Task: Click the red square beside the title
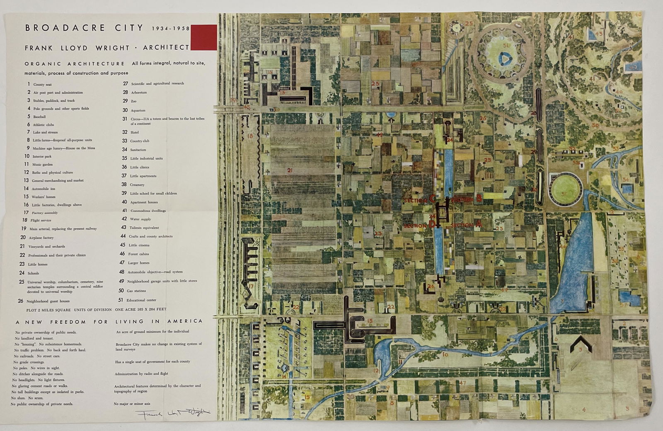[x=203, y=38]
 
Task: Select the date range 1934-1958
[x=170, y=29]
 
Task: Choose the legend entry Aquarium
[x=138, y=111]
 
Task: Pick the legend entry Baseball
[x=39, y=117]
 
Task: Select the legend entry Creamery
[x=137, y=185]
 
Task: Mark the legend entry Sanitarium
[x=138, y=150]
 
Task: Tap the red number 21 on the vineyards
[x=290, y=170]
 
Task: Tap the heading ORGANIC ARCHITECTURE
[x=75, y=64]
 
